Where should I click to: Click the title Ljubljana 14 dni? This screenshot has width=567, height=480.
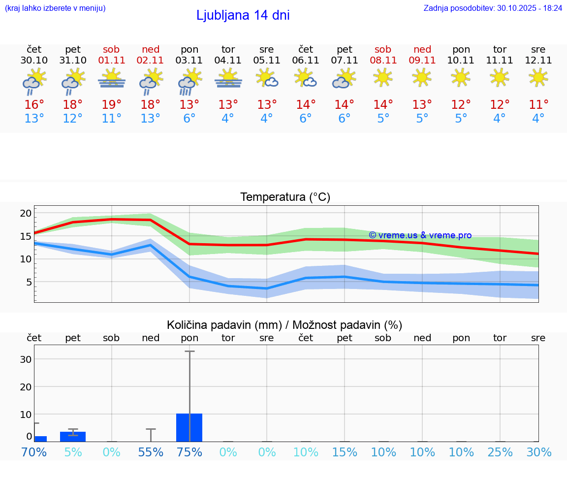click(x=243, y=15)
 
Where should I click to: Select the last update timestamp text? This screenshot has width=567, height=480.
click(x=493, y=8)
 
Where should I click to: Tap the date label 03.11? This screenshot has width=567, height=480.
click(x=189, y=61)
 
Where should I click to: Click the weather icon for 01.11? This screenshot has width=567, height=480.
click(x=112, y=79)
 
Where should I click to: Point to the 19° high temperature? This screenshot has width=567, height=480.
click(x=112, y=105)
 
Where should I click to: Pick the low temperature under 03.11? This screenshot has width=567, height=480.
click(x=189, y=119)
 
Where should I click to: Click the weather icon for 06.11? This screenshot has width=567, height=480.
click(x=306, y=78)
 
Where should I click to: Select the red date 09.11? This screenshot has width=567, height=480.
click(x=422, y=61)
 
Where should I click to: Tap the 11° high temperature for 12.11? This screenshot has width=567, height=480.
click(x=538, y=105)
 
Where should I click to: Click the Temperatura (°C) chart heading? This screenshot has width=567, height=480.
click(x=285, y=197)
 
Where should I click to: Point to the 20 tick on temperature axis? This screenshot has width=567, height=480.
click(x=26, y=213)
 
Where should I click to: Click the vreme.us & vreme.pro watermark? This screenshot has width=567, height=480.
click(x=420, y=235)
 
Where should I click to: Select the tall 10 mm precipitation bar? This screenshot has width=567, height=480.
click(x=189, y=427)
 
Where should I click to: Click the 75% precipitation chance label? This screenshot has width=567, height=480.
click(x=189, y=452)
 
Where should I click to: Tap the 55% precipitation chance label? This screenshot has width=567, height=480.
click(x=151, y=452)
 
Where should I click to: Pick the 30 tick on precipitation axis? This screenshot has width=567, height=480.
click(x=26, y=359)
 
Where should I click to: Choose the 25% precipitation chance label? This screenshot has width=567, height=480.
click(x=500, y=452)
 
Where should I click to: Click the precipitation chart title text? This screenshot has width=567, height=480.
click(x=284, y=325)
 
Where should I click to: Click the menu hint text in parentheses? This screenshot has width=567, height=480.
click(x=55, y=8)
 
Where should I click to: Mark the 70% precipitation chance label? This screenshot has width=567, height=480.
click(x=34, y=452)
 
